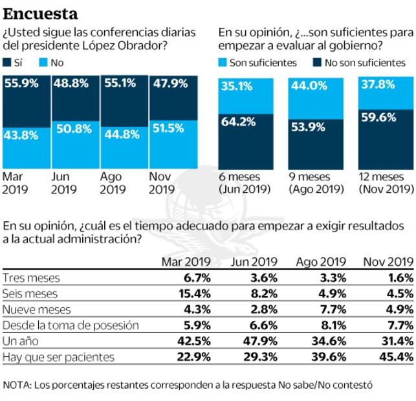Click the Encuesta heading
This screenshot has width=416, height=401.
[41, 13]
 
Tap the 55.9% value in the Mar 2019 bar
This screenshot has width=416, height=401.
[21, 83]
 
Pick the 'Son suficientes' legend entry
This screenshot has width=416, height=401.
[257, 63]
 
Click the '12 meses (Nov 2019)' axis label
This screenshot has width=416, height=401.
[386, 183]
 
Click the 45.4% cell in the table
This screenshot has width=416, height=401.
[397, 357]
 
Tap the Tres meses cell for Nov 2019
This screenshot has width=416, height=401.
[400, 278]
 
